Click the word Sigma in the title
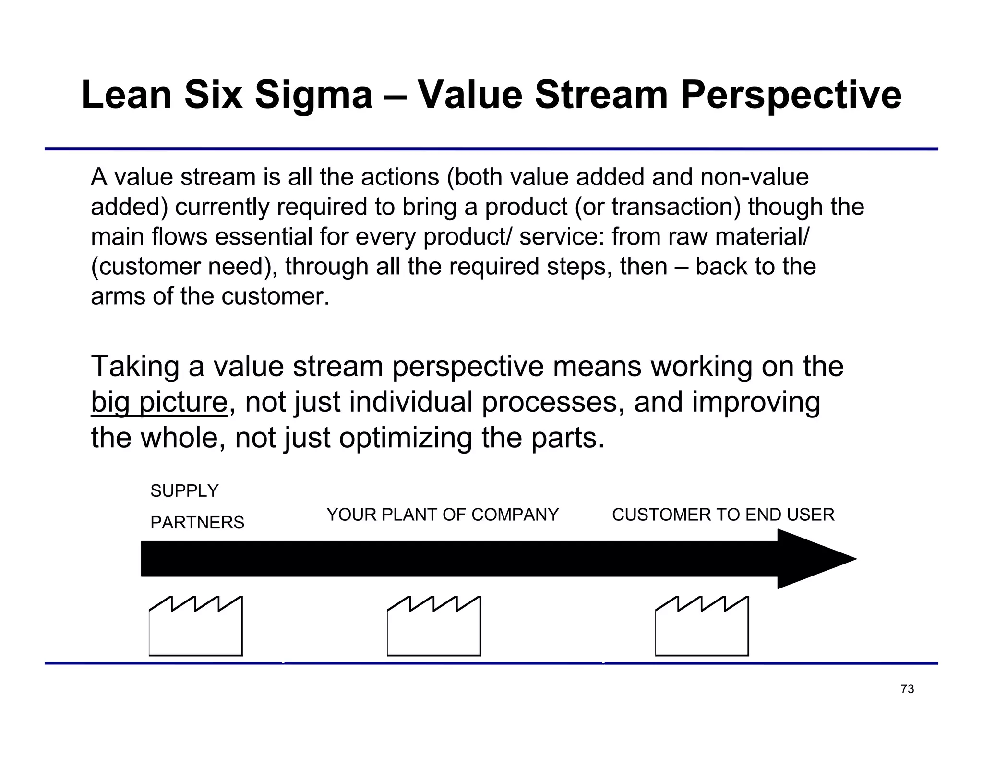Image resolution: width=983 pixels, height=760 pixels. coord(313,95)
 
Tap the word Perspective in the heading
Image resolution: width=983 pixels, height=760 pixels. coord(791,95)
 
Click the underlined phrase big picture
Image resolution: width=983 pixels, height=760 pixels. coord(159,402)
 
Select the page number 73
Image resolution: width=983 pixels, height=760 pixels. coord(907,689)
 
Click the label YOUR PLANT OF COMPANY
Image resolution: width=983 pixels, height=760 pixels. coord(443,515)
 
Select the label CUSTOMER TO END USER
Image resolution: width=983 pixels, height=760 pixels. coord(723,515)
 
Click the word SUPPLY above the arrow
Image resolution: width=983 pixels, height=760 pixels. coord(184,491)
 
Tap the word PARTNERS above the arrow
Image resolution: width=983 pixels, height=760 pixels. coord(197,523)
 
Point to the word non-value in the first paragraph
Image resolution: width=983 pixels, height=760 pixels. coord(755,177)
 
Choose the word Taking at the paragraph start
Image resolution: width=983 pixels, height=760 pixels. coord(135,367)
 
